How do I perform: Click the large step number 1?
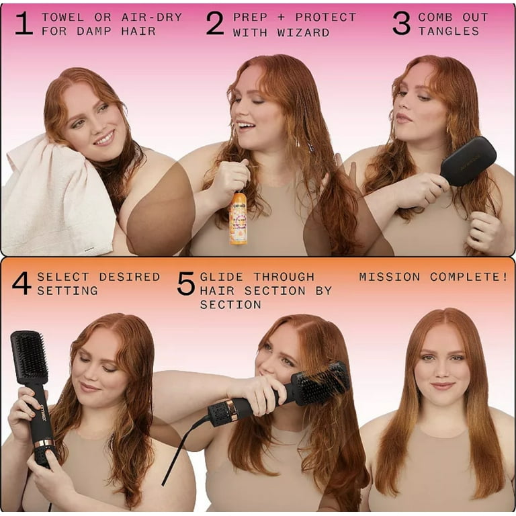pyautogui.click(x=24, y=24)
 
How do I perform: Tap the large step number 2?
pyautogui.click(x=215, y=24)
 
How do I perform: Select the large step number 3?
pyautogui.click(x=401, y=24)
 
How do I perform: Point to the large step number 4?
pyautogui.click(x=21, y=284)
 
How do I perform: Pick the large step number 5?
pyautogui.click(x=185, y=284)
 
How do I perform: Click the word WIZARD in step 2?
pyautogui.click(x=306, y=32)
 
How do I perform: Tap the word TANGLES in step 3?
pyautogui.click(x=449, y=32)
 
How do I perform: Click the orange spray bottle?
pyautogui.click(x=238, y=218)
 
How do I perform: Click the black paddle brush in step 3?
pyautogui.click(x=468, y=161)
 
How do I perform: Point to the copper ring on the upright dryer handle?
pyautogui.click(x=44, y=443)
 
